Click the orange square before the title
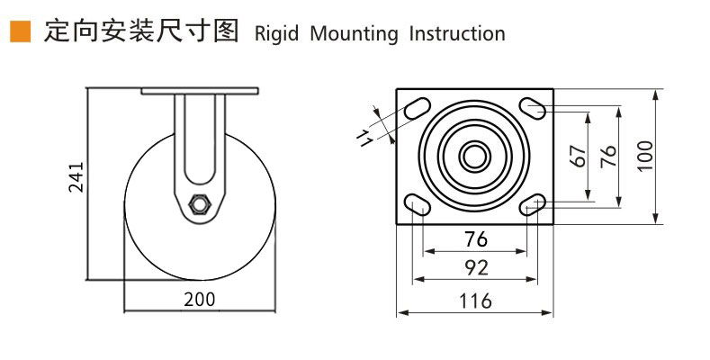tap(18, 33)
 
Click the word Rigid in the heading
tap(277, 34)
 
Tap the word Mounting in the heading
tap(354, 34)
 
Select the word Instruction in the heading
tap(456, 34)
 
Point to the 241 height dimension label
tap(76, 177)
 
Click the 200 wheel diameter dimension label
tap(199, 299)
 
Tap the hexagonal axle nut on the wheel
tap(200, 204)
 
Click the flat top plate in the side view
tap(199, 92)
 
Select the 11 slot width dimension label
tap(364, 137)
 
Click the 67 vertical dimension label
tap(579, 155)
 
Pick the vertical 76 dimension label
tap(608, 155)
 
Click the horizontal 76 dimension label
tap(475, 239)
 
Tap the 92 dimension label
tap(475, 267)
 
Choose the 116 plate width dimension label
tap(475, 301)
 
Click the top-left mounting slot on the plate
tap(417, 109)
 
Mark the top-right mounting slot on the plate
tap(534, 108)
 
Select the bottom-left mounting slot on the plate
tap(417, 203)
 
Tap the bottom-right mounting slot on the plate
tap(534, 203)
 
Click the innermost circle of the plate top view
tap(474, 155)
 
